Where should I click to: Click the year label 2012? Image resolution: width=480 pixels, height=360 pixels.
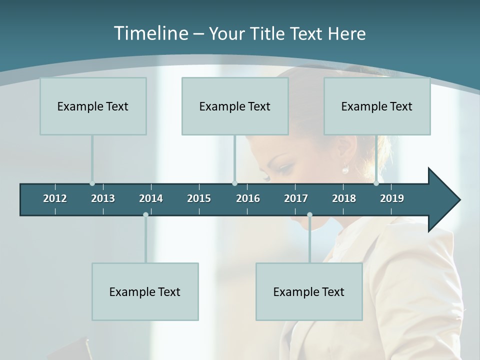click(x=55, y=198)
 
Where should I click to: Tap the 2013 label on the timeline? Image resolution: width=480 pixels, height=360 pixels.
click(x=103, y=198)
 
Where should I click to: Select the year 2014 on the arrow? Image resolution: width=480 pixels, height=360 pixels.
click(x=151, y=198)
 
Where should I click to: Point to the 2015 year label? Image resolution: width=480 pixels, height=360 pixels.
click(x=199, y=198)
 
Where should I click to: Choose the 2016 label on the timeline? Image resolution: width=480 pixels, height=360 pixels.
click(x=248, y=198)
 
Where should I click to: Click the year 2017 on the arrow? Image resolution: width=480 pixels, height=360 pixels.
click(x=296, y=198)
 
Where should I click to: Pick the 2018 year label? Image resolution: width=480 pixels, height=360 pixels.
click(x=344, y=198)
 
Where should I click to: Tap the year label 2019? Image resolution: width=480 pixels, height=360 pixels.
click(x=392, y=198)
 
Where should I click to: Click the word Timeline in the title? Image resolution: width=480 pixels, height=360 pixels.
click(x=150, y=33)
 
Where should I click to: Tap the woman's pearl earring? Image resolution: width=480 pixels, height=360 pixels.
click(x=345, y=170)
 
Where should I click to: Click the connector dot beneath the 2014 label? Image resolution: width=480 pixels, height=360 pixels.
click(x=145, y=214)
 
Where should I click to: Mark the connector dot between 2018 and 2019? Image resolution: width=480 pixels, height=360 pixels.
click(x=376, y=183)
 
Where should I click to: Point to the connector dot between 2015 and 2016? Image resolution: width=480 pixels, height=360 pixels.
click(x=234, y=183)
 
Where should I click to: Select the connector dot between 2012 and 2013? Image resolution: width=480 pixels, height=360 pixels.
click(x=92, y=183)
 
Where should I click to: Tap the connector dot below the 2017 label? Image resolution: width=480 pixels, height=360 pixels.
click(x=309, y=214)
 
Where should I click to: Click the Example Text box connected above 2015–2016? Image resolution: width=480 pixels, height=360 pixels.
click(x=235, y=106)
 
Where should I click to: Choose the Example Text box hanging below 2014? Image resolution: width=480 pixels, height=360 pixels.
click(x=145, y=291)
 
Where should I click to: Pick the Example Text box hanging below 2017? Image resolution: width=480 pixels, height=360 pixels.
click(x=309, y=291)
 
